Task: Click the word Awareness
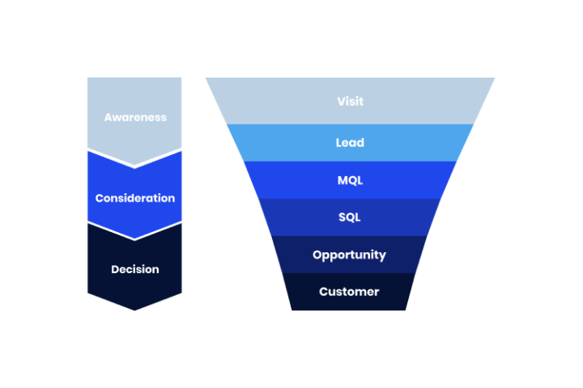tap(135, 117)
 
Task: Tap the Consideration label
tap(135, 198)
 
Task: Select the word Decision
tap(135, 269)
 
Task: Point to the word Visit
tap(350, 102)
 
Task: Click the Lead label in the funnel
tap(350, 143)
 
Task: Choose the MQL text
tap(350, 180)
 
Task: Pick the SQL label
tap(350, 217)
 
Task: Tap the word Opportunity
tap(350, 255)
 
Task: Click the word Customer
tap(349, 292)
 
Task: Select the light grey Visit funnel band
tap(267, 102)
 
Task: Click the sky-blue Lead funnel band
tap(275, 143)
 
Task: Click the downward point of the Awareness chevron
tap(135, 165)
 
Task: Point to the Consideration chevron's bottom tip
tap(135, 238)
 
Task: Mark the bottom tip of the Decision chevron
tap(135, 310)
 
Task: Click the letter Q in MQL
tap(351, 180)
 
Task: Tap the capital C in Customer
tap(323, 292)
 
